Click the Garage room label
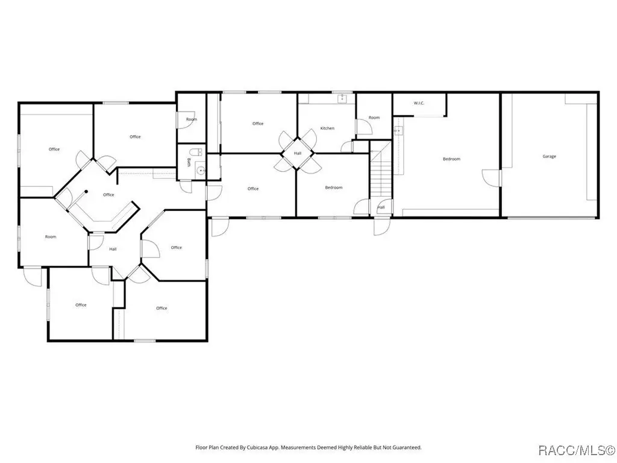click(x=549, y=157)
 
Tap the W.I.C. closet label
click(x=419, y=104)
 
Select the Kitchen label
click(x=327, y=128)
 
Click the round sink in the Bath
click(x=201, y=171)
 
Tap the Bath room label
click(x=189, y=163)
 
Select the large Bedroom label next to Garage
click(x=451, y=159)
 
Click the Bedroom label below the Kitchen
click(x=334, y=187)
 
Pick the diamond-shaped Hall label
click(x=298, y=153)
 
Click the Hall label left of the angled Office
click(x=113, y=249)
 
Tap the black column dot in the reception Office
click(x=86, y=192)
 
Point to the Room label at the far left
click(x=51, y=237)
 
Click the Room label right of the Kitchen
click(x=374, y=118)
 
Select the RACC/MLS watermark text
click(x=575, y=449)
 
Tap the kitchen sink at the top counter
click(x=340, y=97)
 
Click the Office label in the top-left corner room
click(x=54, y=150)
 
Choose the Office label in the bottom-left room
click(x=81, y=305)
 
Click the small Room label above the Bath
click(x=191, y=119)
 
